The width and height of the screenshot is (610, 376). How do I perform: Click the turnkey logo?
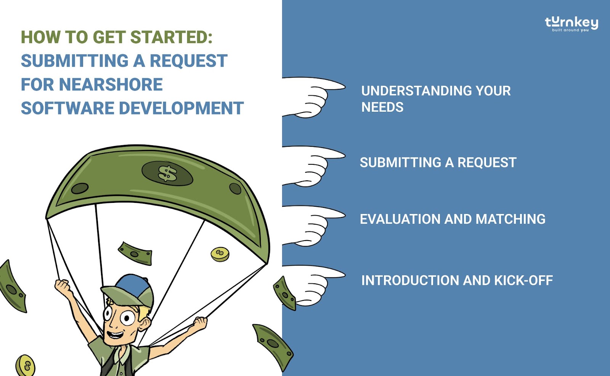click(571, 24)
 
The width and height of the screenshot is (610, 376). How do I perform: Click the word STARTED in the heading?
click(171, 37)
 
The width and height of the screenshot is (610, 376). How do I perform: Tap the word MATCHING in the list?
click(510, 219)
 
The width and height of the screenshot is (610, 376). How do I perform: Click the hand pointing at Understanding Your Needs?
click(313, 97)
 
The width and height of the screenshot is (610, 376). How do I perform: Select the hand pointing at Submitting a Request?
click(313, 166)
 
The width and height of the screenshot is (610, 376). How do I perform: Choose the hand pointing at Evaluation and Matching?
click(313, 226)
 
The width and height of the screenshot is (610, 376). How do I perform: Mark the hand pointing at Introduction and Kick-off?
click(313, 285)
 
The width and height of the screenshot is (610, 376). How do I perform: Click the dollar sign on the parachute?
click(167, 174)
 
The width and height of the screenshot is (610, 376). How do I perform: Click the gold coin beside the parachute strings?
click(220, 254)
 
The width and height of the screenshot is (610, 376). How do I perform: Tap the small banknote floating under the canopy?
click(135, 253)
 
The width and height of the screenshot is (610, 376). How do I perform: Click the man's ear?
click(144, 324)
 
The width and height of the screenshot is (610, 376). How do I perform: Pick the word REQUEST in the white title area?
click(188, 61)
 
